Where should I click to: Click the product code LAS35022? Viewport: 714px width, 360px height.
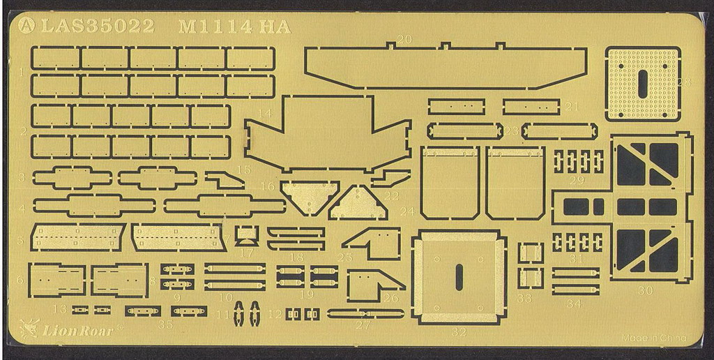[x=98, y=26]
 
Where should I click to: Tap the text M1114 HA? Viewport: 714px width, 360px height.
[x=234, y=26]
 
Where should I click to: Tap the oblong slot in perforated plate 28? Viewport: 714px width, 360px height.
[x=642, y=84]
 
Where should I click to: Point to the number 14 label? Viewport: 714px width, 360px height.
[x=264, y=112]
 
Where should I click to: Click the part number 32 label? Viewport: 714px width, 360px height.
[x=459, y=331]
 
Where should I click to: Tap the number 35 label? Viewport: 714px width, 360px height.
[x=165, y=324]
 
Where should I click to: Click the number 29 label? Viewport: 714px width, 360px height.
[x=577, y=180]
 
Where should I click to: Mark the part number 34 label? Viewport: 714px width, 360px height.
[x=575, y=303]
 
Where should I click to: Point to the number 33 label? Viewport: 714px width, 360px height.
[x=524, y=298]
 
